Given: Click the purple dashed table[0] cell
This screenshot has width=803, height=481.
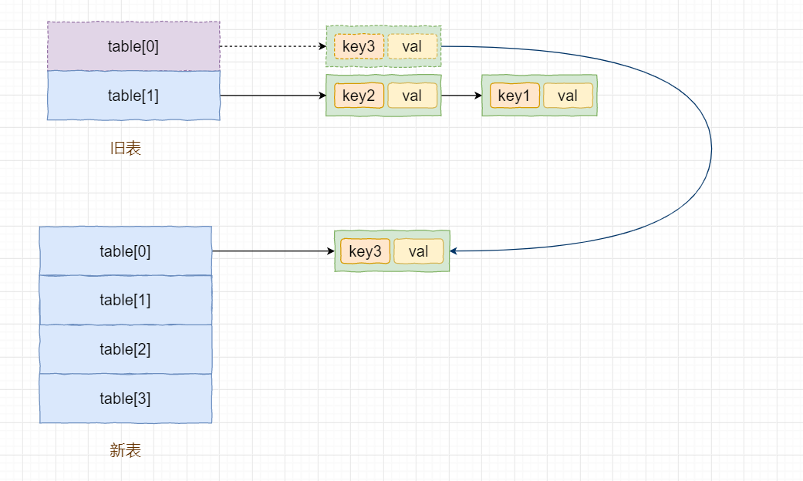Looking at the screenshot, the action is [x=133, y=46].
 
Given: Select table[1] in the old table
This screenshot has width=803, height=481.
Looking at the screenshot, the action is [x=133, y=95].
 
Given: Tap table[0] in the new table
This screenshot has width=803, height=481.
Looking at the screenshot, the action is [x=126, y=251].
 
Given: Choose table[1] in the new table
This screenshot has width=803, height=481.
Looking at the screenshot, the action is [x=126, y=300].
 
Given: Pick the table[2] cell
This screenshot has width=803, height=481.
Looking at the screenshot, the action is [x=126, y=349].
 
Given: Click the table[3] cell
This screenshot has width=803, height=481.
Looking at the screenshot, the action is [x=126, y=398].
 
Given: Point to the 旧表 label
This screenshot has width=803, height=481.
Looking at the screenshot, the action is [x=126, y=149].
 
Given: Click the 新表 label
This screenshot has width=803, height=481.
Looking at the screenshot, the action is [x=126, y=450].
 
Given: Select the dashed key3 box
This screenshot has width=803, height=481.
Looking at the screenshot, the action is [x=359, y=46].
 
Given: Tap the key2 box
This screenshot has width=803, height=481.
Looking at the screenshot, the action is [x=359, y=95].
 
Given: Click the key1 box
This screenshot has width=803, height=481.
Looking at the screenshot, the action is [x=515, y=95].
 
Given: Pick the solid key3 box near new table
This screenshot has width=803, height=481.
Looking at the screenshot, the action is [x=365, y=251].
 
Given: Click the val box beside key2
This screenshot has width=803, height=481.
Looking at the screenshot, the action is [x=412, y=95].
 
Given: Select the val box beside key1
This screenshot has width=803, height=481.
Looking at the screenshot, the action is [x=568, y=95].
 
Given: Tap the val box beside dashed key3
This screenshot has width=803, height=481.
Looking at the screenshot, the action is [x=412, y=46].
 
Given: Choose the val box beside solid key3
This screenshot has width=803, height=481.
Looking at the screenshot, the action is [x=418, y=251].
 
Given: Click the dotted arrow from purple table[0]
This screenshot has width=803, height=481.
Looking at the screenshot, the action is [x=273, y=46].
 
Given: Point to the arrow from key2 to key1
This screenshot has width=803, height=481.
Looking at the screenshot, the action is [x=461, y=95].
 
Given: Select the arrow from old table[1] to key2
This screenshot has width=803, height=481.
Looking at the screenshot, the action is [x=273, y=95].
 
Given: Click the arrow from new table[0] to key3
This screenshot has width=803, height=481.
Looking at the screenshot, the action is [x=273, y=251].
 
